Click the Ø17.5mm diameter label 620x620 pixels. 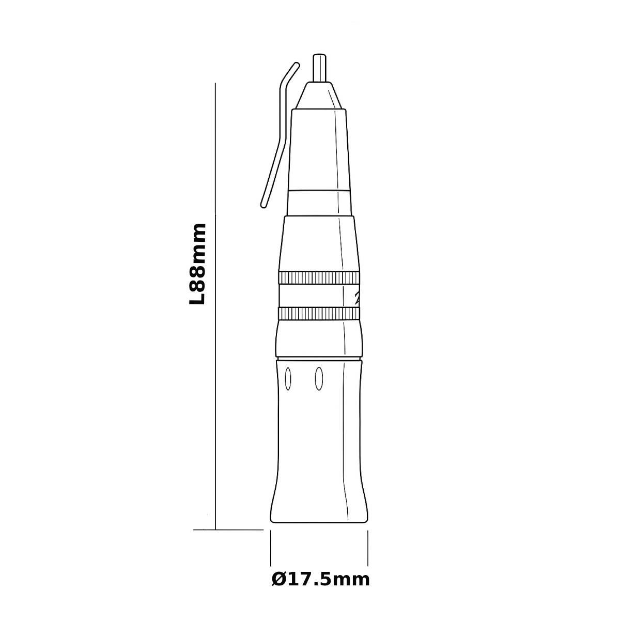(320, 580)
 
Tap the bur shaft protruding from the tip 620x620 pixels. (320, 67)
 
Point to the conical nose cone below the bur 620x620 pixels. (319, 96)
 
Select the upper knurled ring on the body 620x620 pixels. (319, 277)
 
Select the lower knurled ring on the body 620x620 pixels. (319, 314)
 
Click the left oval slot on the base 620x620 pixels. (288, 379)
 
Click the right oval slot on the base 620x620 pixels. (319, 379)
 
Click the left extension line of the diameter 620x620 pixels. (271, 548)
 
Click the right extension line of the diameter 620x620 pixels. (367, 548)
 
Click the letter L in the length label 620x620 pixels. (198, 299)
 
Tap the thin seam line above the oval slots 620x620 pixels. (319, 358)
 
